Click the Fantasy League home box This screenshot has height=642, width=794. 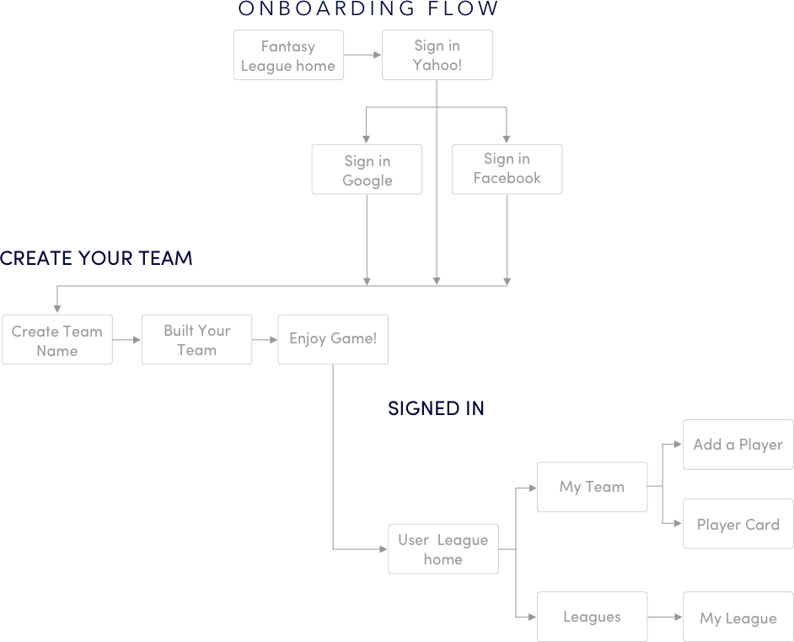pos(288,56)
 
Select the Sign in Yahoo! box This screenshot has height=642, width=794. pos(437,56)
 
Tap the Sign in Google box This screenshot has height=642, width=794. pos(367,170)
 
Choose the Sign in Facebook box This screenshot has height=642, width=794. pos(507,169)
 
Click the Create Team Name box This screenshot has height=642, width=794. pos(57,340)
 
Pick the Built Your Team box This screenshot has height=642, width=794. pos(196,340)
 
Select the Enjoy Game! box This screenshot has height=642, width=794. pos(333,339)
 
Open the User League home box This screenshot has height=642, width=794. pos(443,549)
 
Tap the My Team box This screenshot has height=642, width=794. pos(592,487)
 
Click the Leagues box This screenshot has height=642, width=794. pos(592,617)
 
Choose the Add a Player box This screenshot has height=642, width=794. pos(738,445)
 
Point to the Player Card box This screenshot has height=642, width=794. pos(738,524)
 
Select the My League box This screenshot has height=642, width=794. pos(738,618)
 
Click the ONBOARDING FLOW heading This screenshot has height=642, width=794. pos(368,9)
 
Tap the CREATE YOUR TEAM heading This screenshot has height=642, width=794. pos(96,258)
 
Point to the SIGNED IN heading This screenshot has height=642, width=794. pos(436,408)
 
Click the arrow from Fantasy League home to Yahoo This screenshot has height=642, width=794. pos(363,56)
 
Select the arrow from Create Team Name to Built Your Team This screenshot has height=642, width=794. pos(126,340)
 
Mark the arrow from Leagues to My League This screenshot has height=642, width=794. pos(665,618)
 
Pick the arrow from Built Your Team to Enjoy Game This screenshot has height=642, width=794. pos(265,340)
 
